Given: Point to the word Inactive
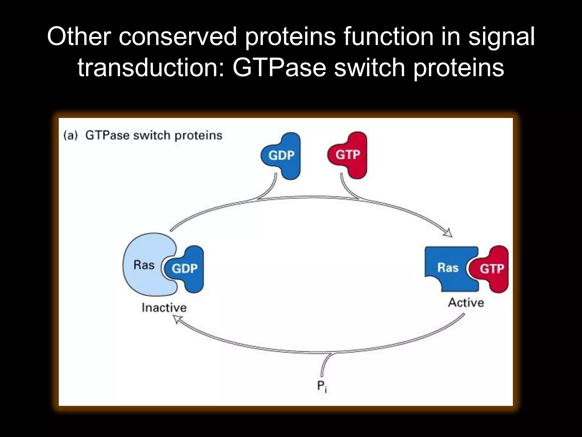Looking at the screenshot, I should click(x=164, y=308).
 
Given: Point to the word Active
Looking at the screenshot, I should click(x=466, y=303).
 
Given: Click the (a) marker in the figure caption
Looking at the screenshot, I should click(x=70, y=135).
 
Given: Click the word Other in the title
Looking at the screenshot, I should click(x=79, y=36).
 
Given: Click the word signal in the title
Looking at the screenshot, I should click(x=502, y=36).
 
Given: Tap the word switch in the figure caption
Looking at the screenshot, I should click(x=152, y=135).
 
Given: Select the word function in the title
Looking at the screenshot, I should click(x=388, y=36).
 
